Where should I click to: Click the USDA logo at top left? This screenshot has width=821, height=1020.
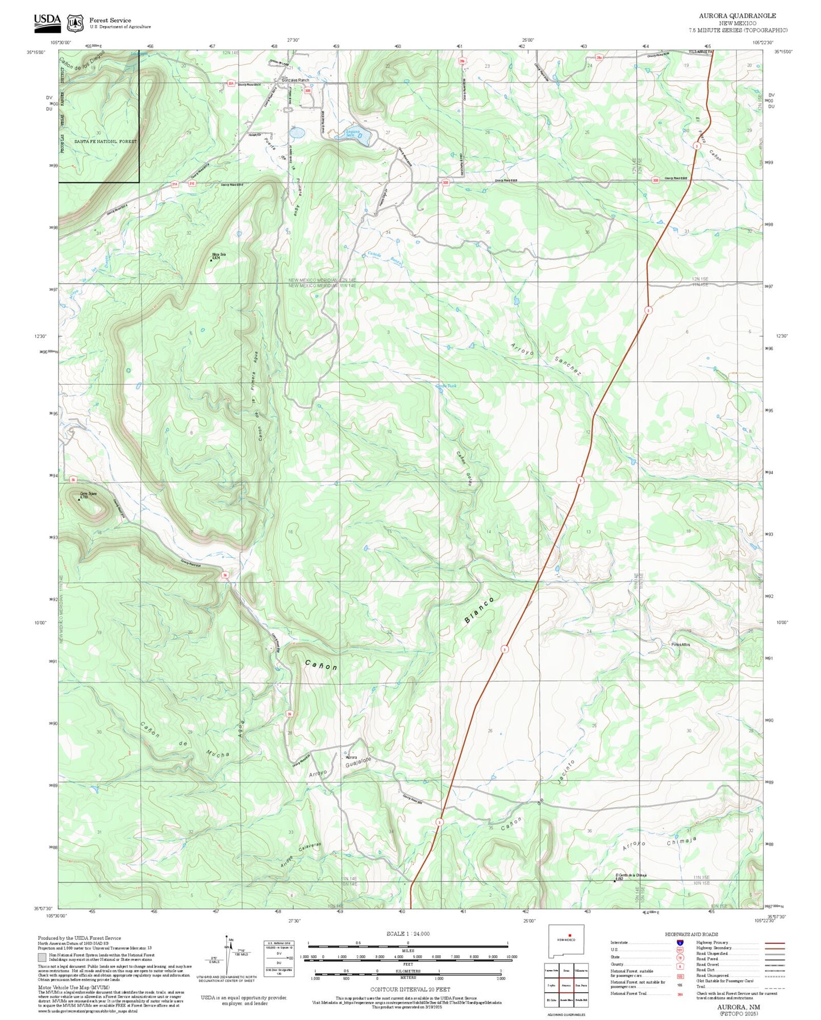[x=47, y=21]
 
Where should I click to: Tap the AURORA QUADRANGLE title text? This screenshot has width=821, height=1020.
[x=737, y=15]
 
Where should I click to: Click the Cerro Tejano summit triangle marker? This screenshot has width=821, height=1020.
[x=79, y=499]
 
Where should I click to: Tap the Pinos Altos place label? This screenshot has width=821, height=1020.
[x=681, y=644]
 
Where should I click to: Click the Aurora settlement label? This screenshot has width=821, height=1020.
[x=352, y=757]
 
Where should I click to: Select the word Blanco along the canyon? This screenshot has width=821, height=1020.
[x=480, y=610]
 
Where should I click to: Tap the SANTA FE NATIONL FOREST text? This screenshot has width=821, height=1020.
[x=106, y=141]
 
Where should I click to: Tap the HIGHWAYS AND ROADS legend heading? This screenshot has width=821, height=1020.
[x=691, y=934]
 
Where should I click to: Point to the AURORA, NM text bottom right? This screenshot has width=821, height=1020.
[x=739, y=1006]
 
